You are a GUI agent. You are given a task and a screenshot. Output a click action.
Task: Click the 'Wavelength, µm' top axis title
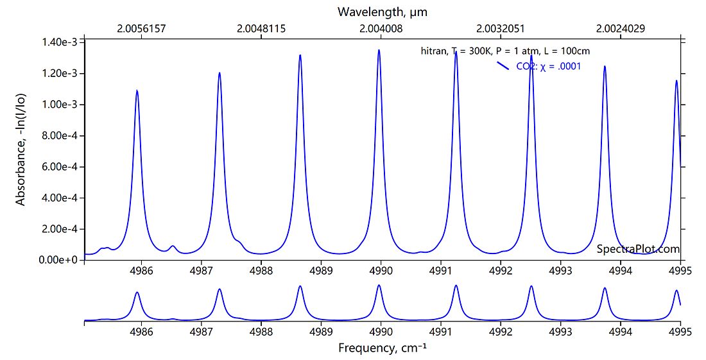point(382,12)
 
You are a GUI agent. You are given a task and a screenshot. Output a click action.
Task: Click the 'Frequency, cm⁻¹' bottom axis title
point(382,348)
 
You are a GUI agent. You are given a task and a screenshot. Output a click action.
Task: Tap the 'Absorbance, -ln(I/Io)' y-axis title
point(21,150)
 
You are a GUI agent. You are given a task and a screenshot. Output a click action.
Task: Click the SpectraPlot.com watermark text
point(638,249)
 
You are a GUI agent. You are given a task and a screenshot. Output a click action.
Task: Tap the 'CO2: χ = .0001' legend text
point(548,66)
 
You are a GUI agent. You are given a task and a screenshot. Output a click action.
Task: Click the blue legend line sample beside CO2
point(503,65)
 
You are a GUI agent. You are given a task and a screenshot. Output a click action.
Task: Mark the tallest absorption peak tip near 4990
point(379,50)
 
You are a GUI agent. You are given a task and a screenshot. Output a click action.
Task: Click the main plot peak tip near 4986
point(137,90)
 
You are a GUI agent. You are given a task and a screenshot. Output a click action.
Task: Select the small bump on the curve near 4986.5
point(173,246)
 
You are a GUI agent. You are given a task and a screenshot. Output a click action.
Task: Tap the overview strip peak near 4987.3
point(220,289)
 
